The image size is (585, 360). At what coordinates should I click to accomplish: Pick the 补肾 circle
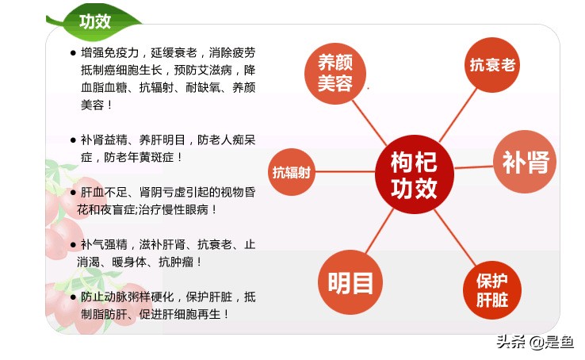[x=525, y=163]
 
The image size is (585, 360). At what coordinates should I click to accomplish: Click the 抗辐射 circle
[x=292, y=171]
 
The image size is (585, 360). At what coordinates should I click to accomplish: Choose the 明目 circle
[x=350, y=282]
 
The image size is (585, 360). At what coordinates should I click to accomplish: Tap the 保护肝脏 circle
[x=491, y=290]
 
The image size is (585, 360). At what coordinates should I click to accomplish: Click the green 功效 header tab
[x=94, y=21]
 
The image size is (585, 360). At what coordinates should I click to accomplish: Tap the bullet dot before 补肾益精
[x=73, y=140]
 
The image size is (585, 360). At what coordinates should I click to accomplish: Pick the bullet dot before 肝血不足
[x=73, y=193]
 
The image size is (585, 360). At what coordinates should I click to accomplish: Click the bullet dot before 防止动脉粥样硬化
[x=73, y=297]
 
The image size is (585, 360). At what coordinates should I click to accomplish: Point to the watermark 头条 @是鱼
[x=534, y=343]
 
